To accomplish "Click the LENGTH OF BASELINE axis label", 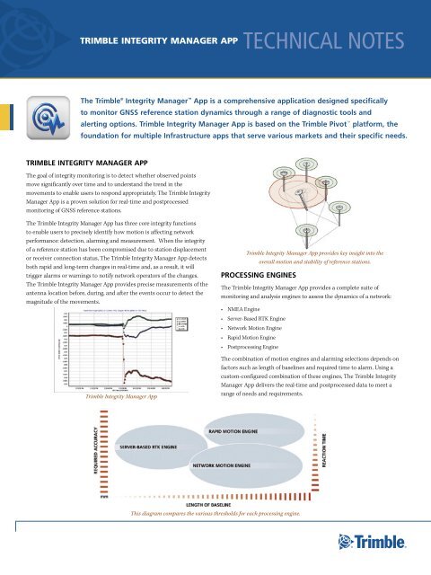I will coord(215,506).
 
